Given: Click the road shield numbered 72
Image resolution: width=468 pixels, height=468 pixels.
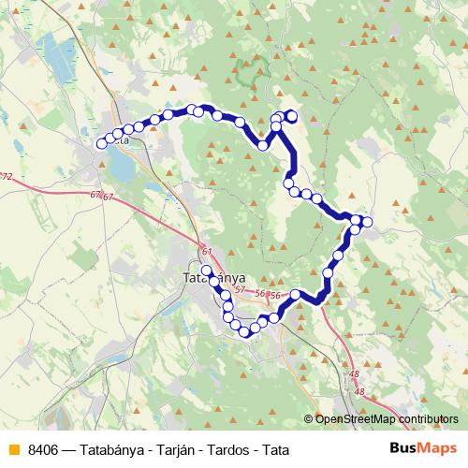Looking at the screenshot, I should pos(7,176).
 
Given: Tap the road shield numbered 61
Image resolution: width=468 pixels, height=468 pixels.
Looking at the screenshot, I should pos(206,251).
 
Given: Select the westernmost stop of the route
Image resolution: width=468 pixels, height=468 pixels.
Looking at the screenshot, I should pos(102,143).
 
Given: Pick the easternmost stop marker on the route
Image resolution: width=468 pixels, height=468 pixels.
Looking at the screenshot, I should pos(367,222).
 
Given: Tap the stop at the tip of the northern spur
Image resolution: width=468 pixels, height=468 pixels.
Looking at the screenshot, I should pos(291,116).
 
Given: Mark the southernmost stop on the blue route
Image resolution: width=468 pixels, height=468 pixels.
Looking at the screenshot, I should pos(245,331).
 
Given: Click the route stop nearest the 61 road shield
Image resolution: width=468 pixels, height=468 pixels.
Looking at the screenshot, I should pos(207,270).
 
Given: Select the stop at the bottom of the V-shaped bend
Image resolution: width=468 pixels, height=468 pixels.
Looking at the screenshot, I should pos(263,146).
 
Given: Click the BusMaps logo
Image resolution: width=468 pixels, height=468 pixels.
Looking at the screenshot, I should pos(424,447).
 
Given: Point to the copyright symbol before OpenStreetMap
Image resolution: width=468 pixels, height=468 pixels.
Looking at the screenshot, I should pos(308,419).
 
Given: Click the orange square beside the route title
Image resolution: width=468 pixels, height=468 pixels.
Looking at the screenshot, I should pos(12,448).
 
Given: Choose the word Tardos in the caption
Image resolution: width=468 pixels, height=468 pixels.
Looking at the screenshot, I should pos(227,448).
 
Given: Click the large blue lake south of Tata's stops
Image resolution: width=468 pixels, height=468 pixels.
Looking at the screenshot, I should pos(121,168).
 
